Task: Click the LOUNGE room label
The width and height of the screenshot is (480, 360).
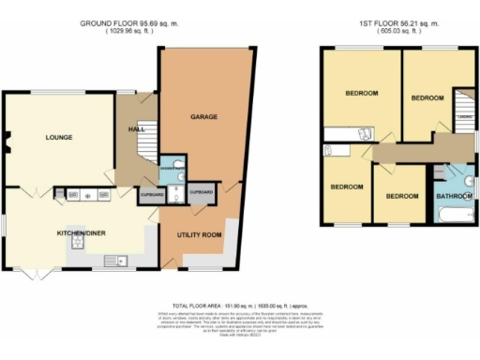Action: [58, 138]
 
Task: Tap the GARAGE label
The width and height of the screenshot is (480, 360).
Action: [204, 117]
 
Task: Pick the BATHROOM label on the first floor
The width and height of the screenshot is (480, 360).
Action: [456, 195]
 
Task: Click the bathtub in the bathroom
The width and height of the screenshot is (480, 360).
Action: [454, 217]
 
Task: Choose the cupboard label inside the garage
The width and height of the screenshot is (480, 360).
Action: [201, 190]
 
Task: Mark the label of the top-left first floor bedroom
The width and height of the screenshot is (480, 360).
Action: [361, 94]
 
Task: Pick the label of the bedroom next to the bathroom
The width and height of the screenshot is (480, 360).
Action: [401, 196]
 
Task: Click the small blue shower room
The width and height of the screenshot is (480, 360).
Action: [172, 168]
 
